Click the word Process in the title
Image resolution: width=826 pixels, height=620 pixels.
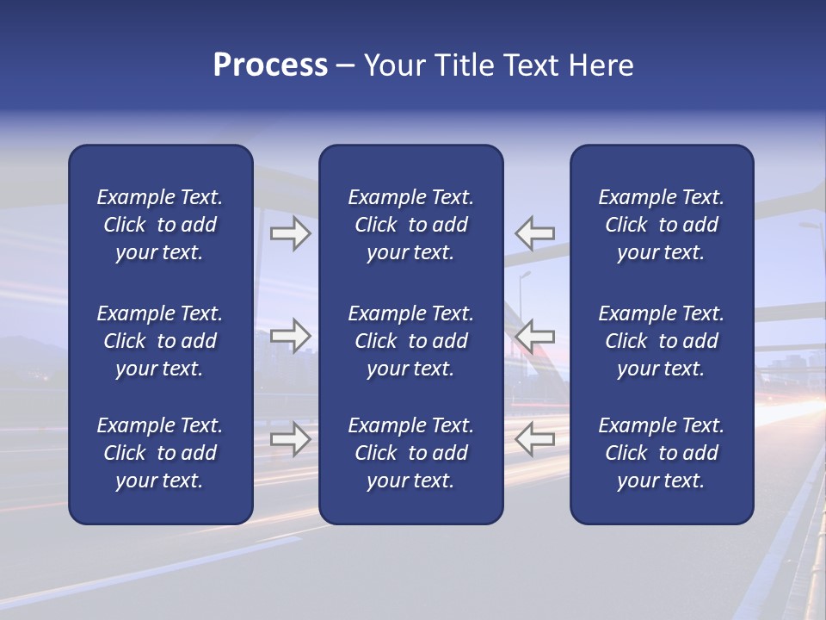[270, 65]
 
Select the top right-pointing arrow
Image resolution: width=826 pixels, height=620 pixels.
[290, 233]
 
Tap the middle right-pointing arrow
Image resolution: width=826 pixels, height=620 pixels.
[290, 335]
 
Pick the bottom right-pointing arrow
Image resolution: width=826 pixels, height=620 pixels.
[290, 439]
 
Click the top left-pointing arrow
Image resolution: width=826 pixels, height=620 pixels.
[535, 233]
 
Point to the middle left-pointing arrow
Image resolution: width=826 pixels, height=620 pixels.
[535, 335]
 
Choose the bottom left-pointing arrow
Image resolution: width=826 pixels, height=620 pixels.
[535, 439]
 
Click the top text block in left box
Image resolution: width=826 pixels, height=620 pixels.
[160, 225]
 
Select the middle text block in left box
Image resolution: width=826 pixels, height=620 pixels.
[160, 341]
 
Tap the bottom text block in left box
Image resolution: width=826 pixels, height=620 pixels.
[160, 453]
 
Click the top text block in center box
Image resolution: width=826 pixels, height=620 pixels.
[410, 225]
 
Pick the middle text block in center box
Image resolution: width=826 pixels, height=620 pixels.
[410, 341]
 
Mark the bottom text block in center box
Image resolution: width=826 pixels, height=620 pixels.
[410, 453]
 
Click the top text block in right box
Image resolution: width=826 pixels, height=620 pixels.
[661, 225]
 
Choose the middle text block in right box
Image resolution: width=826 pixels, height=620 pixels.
[661, 341]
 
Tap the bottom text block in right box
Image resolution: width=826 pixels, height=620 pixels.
[661, 453]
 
